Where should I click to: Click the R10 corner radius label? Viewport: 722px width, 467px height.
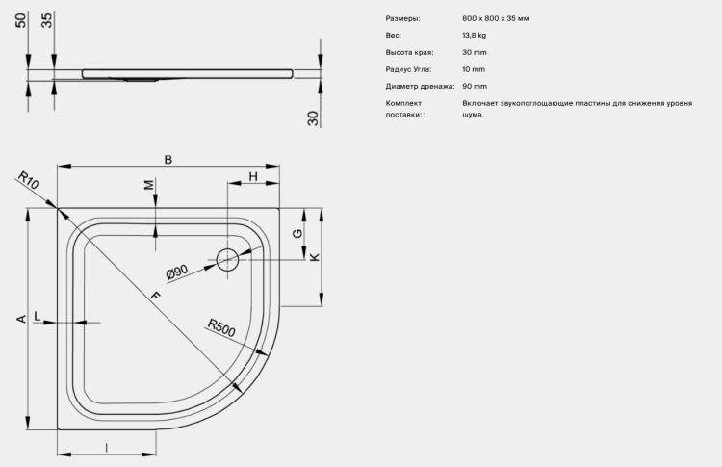click(28, 180)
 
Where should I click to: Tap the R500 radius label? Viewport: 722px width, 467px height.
click(221, 327)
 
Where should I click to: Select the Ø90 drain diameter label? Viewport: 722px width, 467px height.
click(177, 272)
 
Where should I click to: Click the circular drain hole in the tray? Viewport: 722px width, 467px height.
click(227, 259)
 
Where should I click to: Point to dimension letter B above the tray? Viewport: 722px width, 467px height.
click(168, 159)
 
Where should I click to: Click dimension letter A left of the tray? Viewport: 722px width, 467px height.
click(21, 319)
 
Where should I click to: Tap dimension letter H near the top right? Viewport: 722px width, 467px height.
click(253, 176)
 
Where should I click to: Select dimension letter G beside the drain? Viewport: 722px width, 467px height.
click(297, 233)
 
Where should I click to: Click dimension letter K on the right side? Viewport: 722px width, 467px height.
click(315, 257)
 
